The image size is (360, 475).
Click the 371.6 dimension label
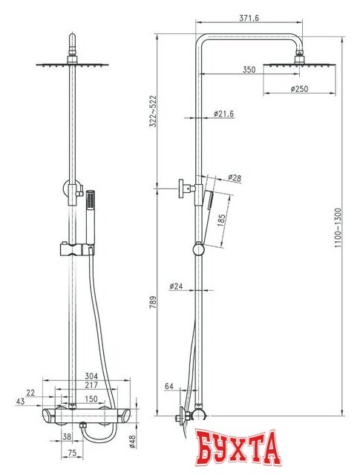(x=249, y=18)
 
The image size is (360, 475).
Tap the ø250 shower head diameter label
(x=299, y=89)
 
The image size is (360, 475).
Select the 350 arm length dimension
(x=249, y=70)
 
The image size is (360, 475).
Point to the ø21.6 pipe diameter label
(x=223, y=114)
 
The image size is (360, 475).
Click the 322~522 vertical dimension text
(x=153, y=111)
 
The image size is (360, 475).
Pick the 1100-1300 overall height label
(x=338, y=228)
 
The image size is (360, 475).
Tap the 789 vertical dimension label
(x=153, y=302)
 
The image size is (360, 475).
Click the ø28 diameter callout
(x=235, y=178)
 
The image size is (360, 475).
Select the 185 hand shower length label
(x=221, y=220)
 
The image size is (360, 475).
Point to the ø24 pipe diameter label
(x=177, y=286)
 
